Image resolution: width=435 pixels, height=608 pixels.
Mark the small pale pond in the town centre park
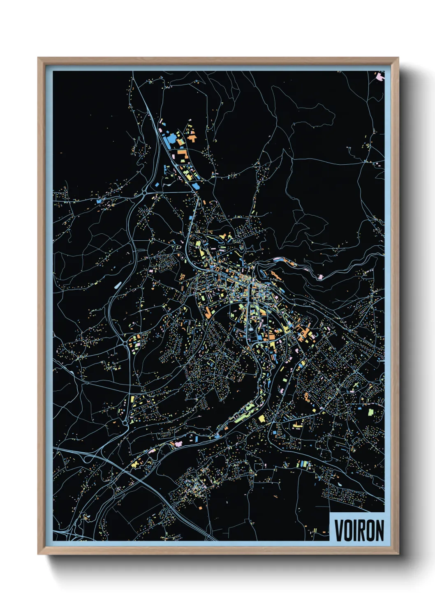tap(250, 329)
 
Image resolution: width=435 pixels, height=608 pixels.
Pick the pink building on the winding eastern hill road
tap(320, 277)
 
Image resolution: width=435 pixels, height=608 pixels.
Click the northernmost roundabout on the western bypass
tap(145, 191)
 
